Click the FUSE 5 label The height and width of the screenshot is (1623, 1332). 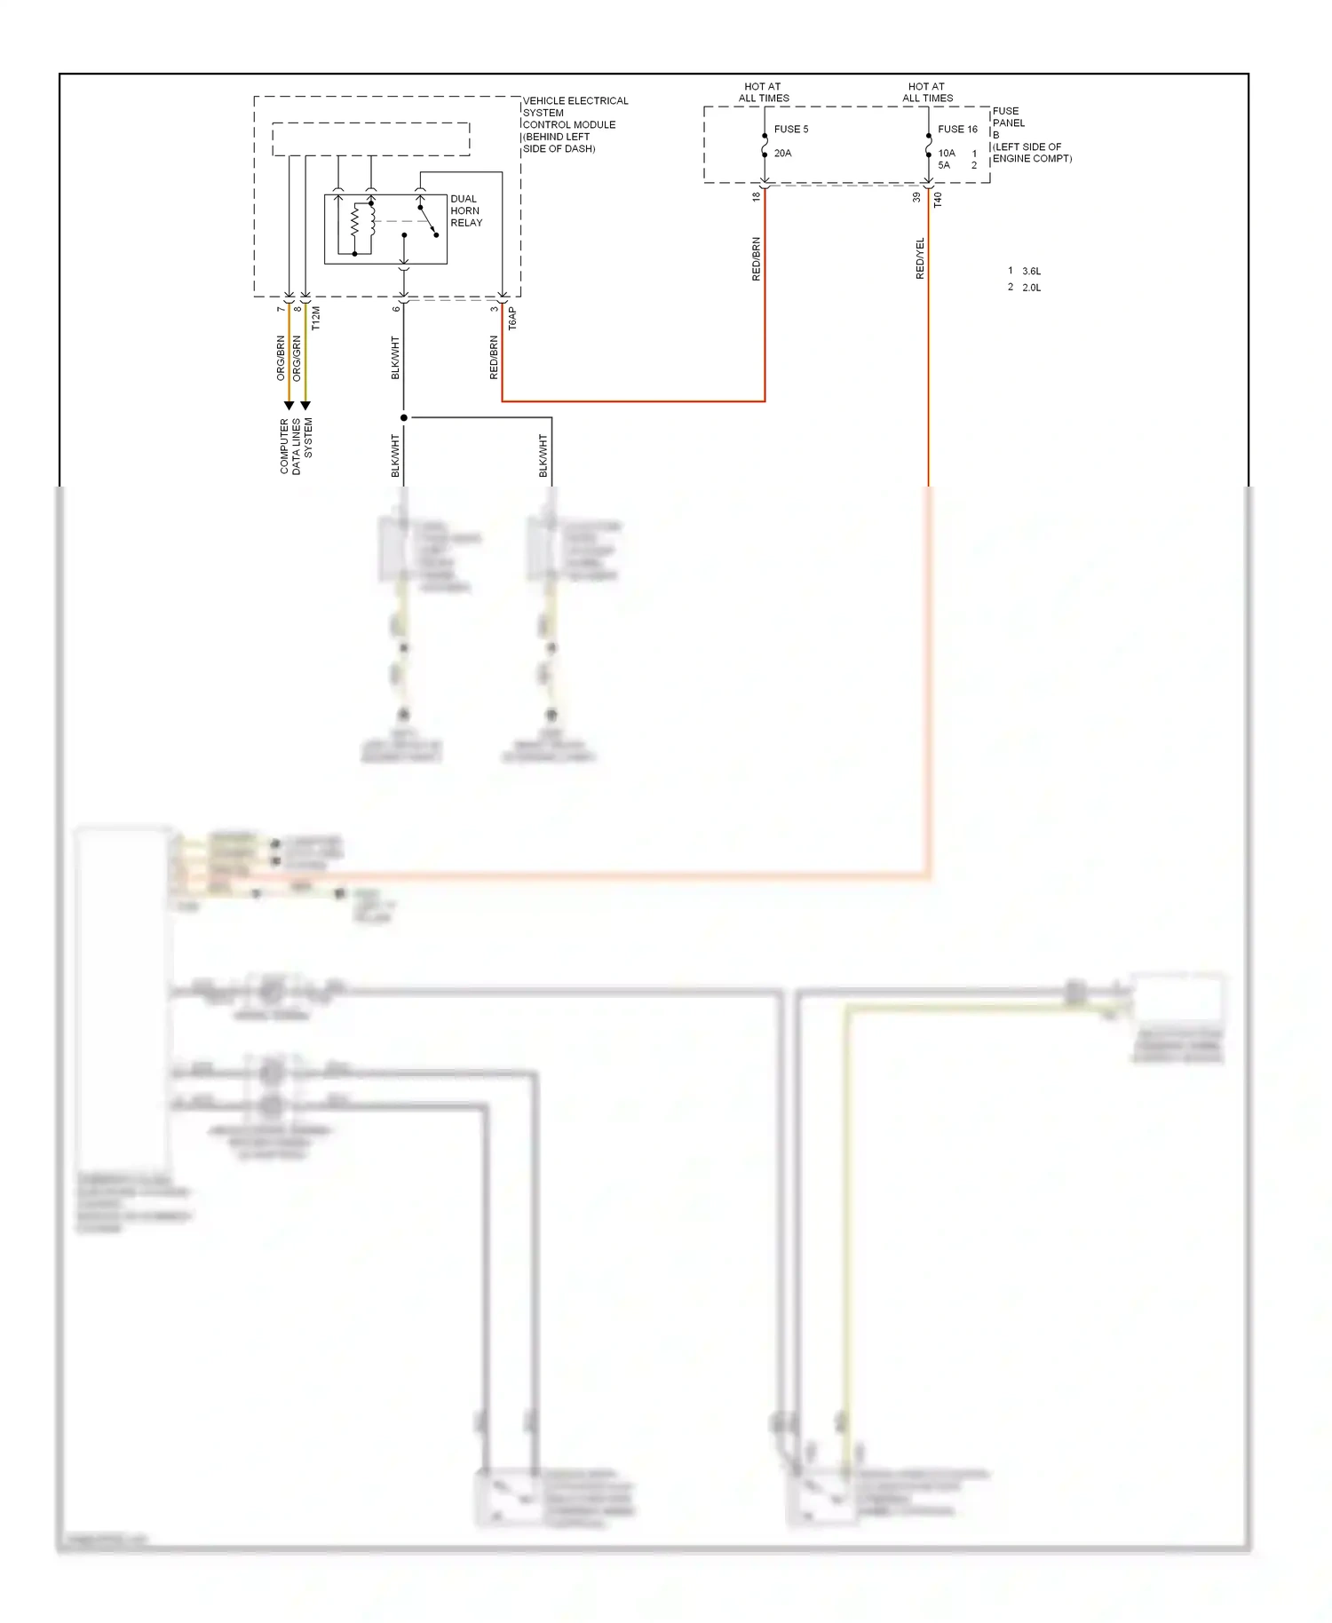pyautogui.click(x=790, y=130)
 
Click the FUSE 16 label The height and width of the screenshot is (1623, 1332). pyautogui.click(x=957, y=130)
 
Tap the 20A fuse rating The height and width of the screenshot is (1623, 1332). pyautogui.click(x=782, y=154)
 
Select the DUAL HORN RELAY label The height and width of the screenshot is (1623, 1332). pyautogui.click(x=465, y=211)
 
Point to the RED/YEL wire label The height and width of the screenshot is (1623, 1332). pyautogui.click(x=920, y=258)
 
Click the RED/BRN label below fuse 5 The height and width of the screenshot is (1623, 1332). pyautogui.click(x=757, y=258)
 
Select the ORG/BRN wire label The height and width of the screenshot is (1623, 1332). pyautogui.click(x=281, y=358)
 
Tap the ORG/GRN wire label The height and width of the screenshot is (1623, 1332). pyautogui.click(x=297, y=358)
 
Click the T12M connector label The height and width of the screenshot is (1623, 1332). pyautogui.click(x=316, y=319)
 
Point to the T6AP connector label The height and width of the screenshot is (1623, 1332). pyautogui.click(x=512, y=319)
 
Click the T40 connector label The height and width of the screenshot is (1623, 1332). pyautogui.click(x=938, y=200)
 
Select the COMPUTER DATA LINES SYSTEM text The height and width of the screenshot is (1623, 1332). pyautogui.click(x=296, y=446)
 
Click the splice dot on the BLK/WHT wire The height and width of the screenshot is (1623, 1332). pyautogui.click(x=404, y=417)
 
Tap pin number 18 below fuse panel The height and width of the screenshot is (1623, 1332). pyautogui.click(x=757, y=197)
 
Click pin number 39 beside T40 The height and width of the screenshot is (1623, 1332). pyautogui.click(x=917, y=197)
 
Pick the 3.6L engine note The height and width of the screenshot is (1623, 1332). pyautogui.click(x=1030, y=272)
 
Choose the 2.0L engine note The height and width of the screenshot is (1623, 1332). pyautogui.click(x=1030, y=288)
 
